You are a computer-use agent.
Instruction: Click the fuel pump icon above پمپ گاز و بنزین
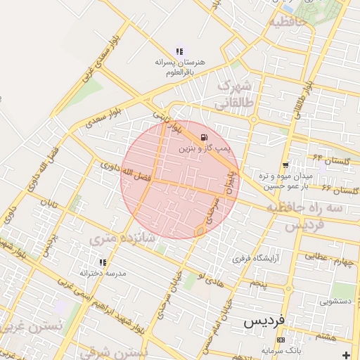coord(204,136)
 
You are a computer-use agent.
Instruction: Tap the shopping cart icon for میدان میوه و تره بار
coord(285,165)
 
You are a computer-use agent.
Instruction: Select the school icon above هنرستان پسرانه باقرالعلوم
coord(179,51)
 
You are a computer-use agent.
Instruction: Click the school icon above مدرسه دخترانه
coord(103,262)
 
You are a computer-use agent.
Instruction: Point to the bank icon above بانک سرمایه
coord(281,340)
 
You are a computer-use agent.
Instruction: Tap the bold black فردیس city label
coord(264,320)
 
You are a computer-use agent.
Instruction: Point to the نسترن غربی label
coord(32,327)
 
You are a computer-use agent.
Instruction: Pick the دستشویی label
coord(335,301)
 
